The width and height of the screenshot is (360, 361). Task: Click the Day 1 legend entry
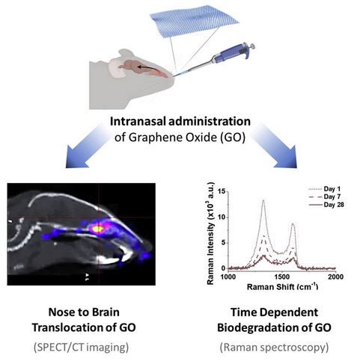coord(325,189)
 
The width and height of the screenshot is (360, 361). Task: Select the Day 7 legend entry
coord(325,197)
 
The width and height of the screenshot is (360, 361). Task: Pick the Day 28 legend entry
coord(326,205)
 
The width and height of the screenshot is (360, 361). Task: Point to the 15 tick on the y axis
coord(222,191)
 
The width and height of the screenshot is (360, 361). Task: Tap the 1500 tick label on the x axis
coord(281,277)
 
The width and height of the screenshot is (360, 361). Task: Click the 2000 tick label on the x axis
coord(335,277)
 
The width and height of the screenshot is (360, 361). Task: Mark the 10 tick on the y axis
coord(222,217)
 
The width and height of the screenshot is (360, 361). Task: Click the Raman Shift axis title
coord(282,286)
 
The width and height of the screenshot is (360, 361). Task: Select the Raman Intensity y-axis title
coord(211,233)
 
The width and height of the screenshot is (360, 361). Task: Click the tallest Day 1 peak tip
coord(263,200)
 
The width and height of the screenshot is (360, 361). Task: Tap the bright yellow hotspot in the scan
coord(97,229)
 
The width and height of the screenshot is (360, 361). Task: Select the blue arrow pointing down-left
coord(84,146)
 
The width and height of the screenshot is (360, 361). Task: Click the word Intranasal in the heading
coord(138,122)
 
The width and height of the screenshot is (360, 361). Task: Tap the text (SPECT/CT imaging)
coord(81,347)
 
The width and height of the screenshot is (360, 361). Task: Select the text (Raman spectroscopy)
coord(274,348)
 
